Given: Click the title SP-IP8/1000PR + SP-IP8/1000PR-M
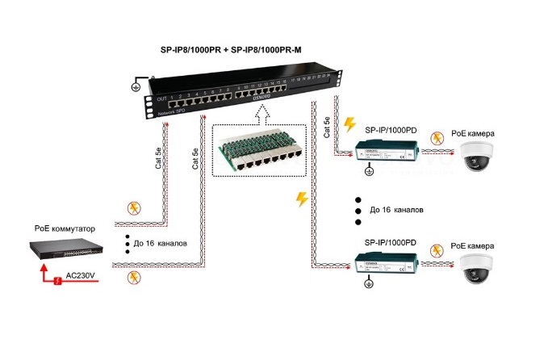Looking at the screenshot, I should (x=232, y=48).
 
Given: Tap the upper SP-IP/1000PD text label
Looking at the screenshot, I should (x=391, y=130).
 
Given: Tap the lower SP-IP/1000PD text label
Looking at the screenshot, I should (x=391, y=242).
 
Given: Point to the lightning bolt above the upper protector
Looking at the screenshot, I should (x=349, y=124).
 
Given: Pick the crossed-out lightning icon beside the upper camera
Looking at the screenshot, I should (x=437, y=138).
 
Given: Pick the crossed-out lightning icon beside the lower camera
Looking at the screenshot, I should (x=437, y=249).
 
